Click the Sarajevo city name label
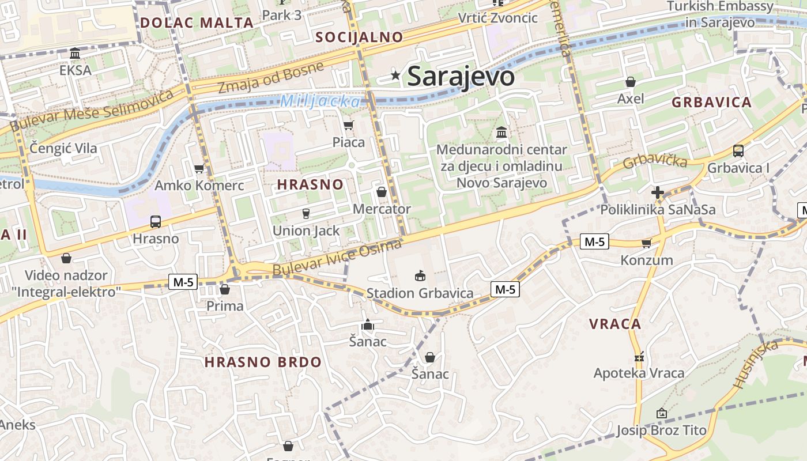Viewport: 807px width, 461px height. pos(461,76)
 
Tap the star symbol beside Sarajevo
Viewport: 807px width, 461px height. pos(395,75)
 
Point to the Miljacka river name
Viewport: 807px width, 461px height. pos(320,101)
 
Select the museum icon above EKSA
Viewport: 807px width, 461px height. pos(75,54)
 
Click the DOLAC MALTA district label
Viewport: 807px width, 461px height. pos(197,23)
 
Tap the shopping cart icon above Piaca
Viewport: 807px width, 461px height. pos(348,125)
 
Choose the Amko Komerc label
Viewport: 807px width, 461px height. pos(199,186)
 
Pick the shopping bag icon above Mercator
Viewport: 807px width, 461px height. pos(381,192)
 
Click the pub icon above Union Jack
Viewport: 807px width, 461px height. pos(306,214)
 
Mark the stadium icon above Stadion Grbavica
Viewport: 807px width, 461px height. pos(420,276)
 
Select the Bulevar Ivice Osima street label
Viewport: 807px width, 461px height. pos(337,258)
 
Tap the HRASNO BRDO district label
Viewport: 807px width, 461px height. pos(263,362)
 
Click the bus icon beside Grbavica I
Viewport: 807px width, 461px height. pos(738,151)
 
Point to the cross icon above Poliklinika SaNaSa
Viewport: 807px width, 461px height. pos(657,192)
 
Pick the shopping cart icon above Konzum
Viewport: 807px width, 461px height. pos(646,243)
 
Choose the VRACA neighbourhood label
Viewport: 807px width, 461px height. pos(615,324)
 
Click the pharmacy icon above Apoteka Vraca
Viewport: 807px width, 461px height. pos(639,357)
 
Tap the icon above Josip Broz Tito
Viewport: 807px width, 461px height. pos(661,413)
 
